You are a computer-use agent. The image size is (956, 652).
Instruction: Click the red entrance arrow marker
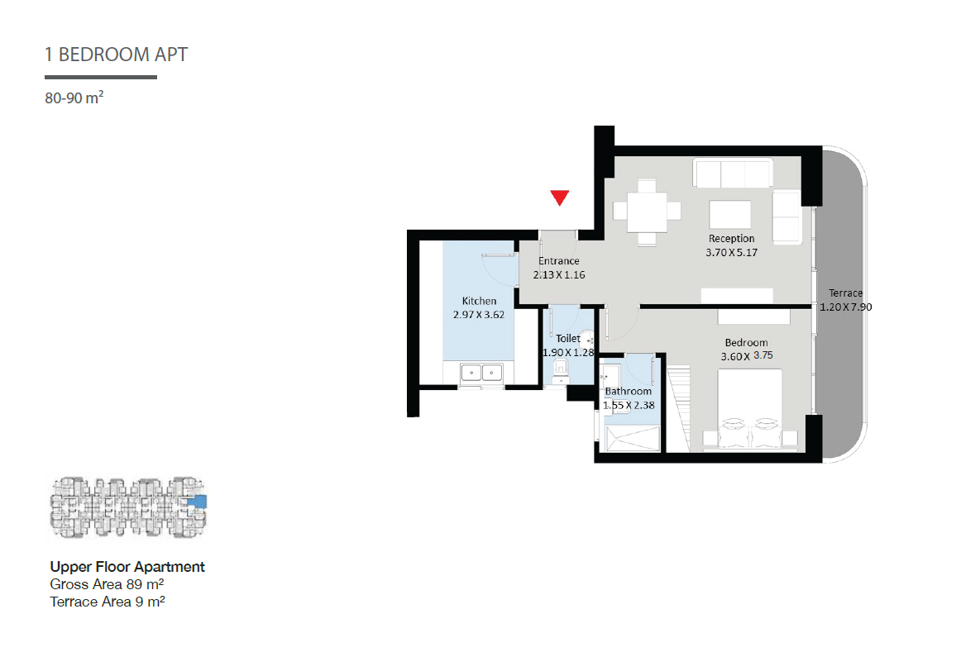tap(560, 198)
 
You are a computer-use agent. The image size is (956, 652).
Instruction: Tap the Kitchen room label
tap(479, 301)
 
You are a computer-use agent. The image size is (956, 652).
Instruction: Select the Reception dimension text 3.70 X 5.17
tap(732, 252)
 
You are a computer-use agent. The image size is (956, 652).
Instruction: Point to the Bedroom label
tap(746, 342)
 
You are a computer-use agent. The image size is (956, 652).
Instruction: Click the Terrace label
tap(846, 293)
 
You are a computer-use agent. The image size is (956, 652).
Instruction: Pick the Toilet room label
tap(567, 338)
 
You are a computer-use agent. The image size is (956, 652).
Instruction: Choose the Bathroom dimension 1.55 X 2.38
tap(629, 405)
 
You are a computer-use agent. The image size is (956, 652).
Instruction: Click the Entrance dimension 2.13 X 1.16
tap(559, 275)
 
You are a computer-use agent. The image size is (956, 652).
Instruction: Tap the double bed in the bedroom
tap(750, 410)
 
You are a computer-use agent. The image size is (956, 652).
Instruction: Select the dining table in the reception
tap(647, 212)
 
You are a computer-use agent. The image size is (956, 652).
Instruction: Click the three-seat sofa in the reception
tap(733, 173)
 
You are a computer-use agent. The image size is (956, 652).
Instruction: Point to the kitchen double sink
tap(481, 372)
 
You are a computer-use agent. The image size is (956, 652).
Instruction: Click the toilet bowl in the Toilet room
tap(561, 369)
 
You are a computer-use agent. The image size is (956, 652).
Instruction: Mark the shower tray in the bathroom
tap(633, 439)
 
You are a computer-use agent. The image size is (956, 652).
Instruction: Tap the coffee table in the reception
tap(729, 215)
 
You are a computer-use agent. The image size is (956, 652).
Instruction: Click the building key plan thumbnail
tap(128, 507)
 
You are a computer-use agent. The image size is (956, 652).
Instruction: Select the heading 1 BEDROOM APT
tap(116, 55)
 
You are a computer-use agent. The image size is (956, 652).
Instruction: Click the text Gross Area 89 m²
tap(107, 584)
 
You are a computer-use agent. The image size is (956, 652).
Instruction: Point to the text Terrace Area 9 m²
tap(108, 602)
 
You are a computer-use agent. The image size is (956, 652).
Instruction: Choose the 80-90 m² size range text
tap(74, 98)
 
